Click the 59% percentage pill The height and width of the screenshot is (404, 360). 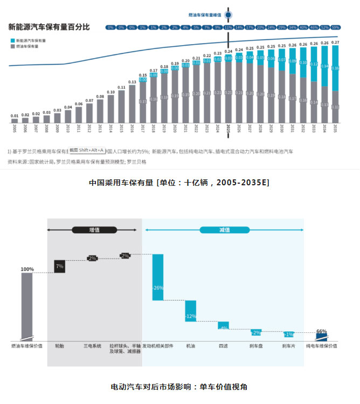click(335, 27)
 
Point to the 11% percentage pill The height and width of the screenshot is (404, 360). click(229, 27)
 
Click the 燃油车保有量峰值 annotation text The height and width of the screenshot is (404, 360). click(205, 15)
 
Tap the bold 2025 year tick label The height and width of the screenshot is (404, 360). click(229, 130)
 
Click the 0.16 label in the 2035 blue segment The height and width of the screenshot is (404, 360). click(335, 68)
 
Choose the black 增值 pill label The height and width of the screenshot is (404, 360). click(94, 230)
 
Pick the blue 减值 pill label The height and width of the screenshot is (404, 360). click(225, 230)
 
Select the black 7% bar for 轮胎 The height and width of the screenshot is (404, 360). click(59, 266)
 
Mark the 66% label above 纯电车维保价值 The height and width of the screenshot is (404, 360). click(321, 331)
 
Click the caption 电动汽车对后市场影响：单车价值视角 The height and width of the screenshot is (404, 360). click(179, 387)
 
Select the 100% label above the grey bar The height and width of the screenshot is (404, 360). click(27, 269)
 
